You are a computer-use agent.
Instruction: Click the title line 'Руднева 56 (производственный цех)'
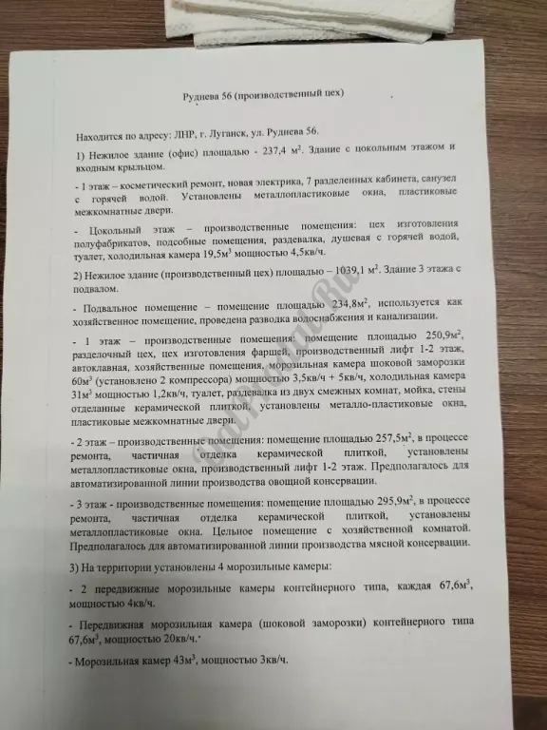262,96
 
